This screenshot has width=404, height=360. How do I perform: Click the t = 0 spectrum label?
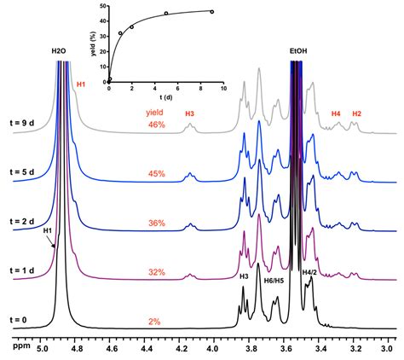coord(18,320)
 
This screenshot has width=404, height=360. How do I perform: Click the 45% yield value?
coord(156,176)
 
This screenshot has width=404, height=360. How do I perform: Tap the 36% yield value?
coord(156,224)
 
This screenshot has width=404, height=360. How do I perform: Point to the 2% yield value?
coord(156,322)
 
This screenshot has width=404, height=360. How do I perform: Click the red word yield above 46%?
coord(154,112)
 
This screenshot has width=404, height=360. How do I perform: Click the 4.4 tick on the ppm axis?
coord(145,348)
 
